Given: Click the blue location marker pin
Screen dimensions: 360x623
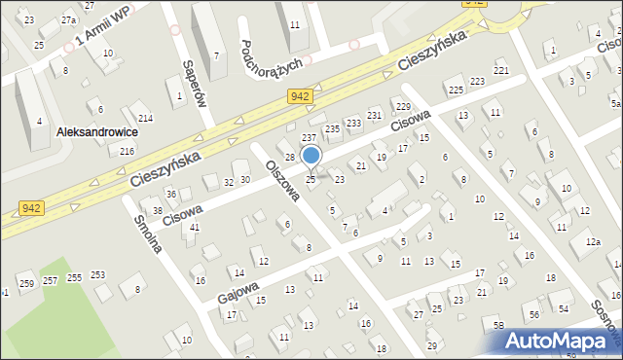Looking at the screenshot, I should click(311, 156).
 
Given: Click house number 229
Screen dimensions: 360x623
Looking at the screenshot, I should click(403, 105).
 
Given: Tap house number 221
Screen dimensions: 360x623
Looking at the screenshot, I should click(501, 71).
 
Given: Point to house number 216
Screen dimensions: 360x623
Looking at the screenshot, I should click(127, 151).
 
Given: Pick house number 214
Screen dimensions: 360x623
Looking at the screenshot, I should click(145, 118).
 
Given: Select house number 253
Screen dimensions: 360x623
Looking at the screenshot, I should click(98, 275).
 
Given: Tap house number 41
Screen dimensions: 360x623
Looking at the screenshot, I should click(195, 227).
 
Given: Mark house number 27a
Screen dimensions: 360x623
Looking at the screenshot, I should click(68, 19).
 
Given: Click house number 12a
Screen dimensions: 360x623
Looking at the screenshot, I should click(594, 241).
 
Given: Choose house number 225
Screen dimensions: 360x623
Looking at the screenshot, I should click(456, 90).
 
